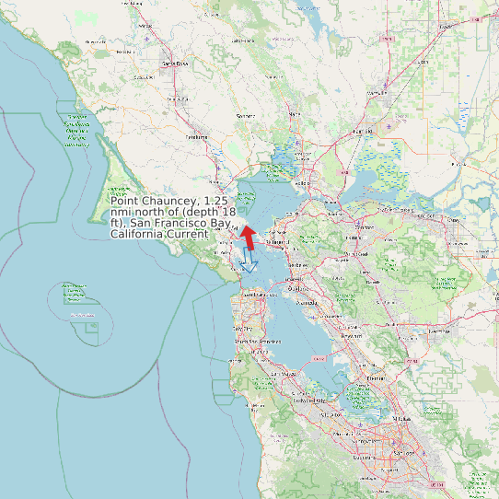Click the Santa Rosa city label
tap(175, 64)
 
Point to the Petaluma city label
tap(197, 137)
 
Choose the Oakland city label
tap(296, 288)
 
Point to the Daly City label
tap(242, 328)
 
